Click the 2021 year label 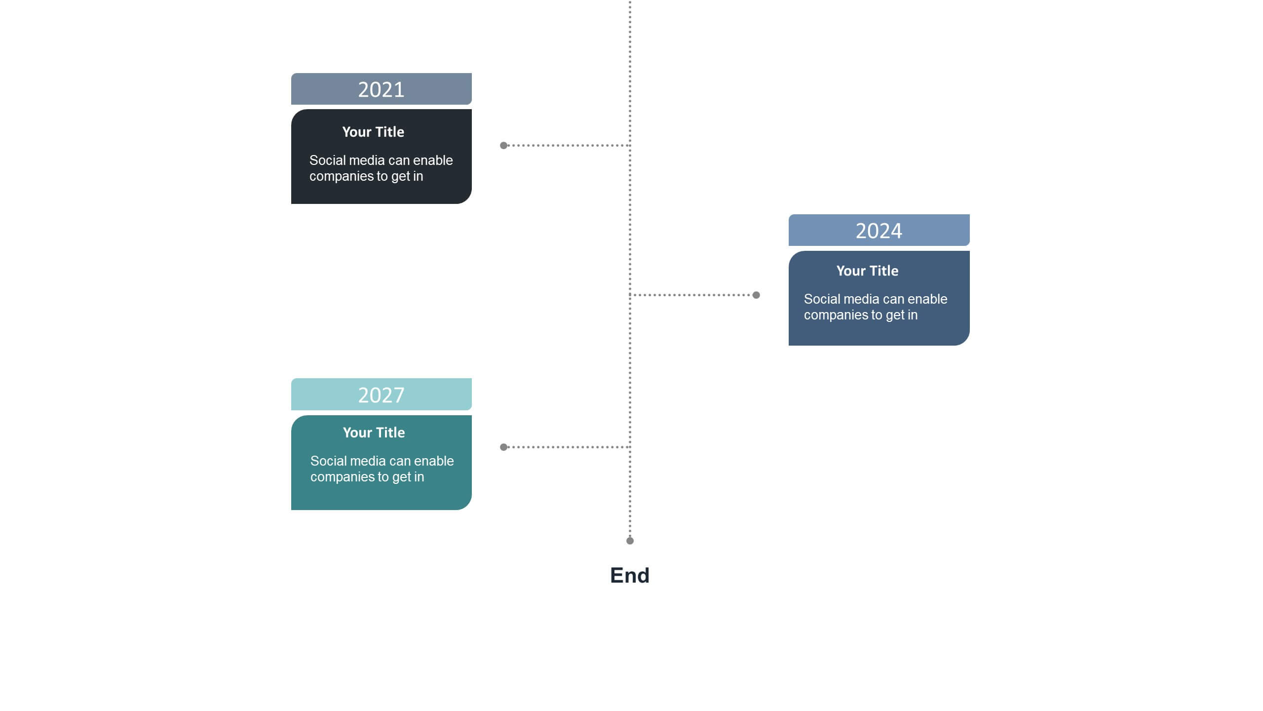[381, 89]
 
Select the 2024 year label [879, 231]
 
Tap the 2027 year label [381, 395]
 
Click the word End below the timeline [630, 575]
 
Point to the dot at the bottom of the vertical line [630, 541]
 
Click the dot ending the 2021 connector [503, 145]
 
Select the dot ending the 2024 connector [756, 295]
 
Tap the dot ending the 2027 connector [503, 447]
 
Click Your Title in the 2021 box [373, 132]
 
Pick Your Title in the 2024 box [867, 271]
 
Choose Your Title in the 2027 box [374, 433]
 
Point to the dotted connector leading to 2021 [567, 145]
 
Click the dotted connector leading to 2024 [693, 295]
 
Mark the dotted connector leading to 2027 [567, 447]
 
